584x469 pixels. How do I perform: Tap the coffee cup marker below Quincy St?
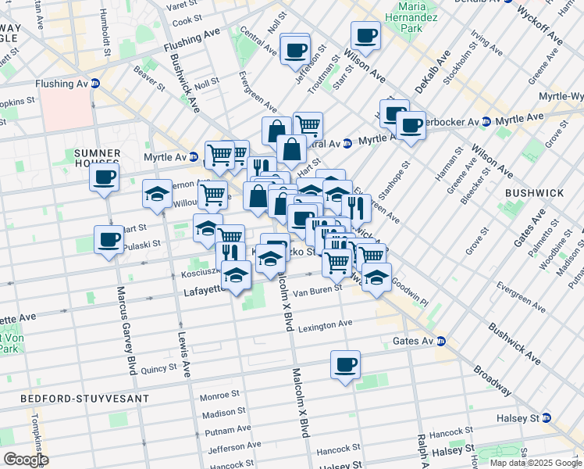tap(345, 365)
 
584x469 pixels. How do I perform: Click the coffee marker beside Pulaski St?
tap(109, 239)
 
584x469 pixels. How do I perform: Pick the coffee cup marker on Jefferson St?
tap(294, 49)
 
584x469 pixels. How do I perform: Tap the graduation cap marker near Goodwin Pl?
tap(376, 277)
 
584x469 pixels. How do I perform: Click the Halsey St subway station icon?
tap(547, 418)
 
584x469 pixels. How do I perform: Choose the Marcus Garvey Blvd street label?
tap(123, 329)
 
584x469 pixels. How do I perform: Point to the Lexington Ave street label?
tap(326, 324)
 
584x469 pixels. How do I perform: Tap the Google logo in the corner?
tap(26, 460)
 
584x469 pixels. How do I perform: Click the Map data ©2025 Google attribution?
tap(535, 463)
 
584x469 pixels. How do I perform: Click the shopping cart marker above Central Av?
tap(308, 124)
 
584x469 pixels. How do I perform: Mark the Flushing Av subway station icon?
tap(95, 84)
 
